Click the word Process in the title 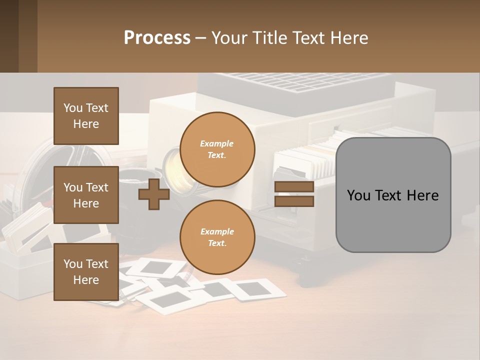point(157,38)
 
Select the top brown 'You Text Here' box point(86,116)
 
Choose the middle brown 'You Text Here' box point(86,195)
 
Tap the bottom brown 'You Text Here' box point(86,272)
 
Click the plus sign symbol point(153,195)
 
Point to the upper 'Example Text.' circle point(217,149)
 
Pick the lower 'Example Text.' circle point(217,237)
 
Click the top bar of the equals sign point(294,187)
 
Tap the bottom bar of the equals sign point(294,201)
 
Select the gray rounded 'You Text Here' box point(393,195)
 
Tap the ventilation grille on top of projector point(295,82)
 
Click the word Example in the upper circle point(217,143)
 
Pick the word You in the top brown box point(72,108)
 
